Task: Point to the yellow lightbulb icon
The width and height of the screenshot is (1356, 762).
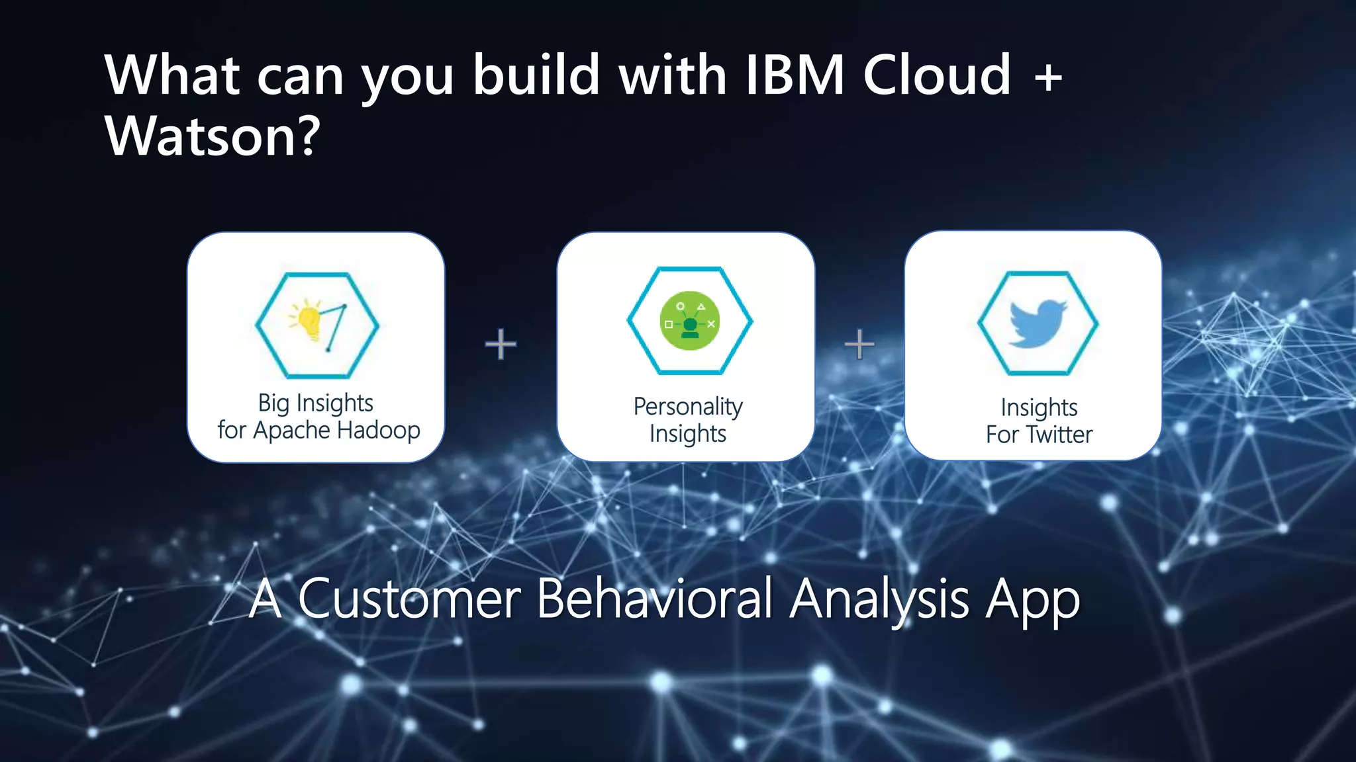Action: (x=309, y=321)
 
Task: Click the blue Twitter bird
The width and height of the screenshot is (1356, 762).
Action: (x=1037, y=323)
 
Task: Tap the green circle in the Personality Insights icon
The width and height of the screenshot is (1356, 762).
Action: (x=690, y=321)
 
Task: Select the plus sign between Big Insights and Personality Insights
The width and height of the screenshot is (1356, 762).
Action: (x=501, y=344)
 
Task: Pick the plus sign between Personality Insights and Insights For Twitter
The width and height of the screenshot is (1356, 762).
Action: (x=859, y=344)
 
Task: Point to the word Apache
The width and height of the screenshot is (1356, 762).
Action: (x=291, y=431)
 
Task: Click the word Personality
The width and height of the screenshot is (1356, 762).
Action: (x=688, y=407)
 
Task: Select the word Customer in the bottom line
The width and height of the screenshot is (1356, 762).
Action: (x=409, y=599)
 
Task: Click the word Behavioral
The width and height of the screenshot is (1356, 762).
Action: (x=654, y=599)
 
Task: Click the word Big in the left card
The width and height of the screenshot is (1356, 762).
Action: (x=273, y=403)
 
